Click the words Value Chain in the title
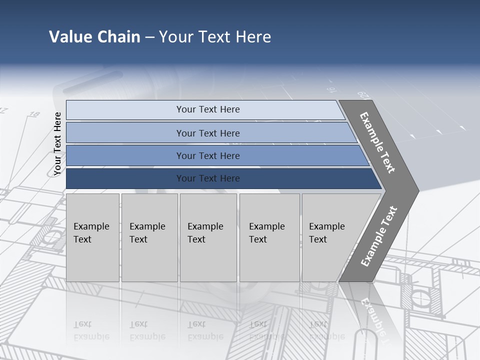94,37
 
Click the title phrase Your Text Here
215,37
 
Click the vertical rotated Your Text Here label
57,143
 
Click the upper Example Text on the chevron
377,142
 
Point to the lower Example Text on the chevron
379,236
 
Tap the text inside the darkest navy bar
208,178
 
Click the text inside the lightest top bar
208,109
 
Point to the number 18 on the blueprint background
34,114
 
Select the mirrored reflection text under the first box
91,330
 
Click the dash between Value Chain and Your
149,37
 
